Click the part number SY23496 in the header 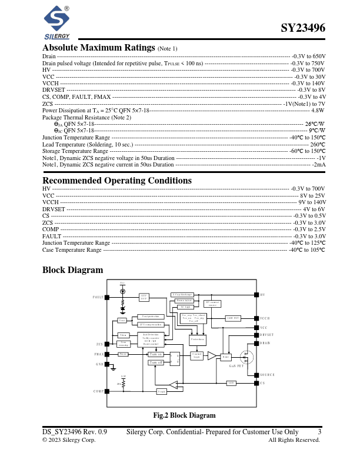(x=302, y=28)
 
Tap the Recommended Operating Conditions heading (x=117, y=180)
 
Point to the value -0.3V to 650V (x=308, y=56)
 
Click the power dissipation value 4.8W (x=318, y=110)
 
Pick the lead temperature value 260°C (x=318, y=144)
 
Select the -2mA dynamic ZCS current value (x=319, y=165)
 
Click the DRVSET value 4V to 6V (x=314, y=209)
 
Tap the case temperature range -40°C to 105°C (x=306, y=250)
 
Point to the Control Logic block (x=197, y=355)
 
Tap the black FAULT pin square (x=107, y=297)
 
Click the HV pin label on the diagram (x=263, y=295)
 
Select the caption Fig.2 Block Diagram (x=184, y=415)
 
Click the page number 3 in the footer (x=319, y=432)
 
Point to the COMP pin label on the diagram (x=98, y=391)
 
